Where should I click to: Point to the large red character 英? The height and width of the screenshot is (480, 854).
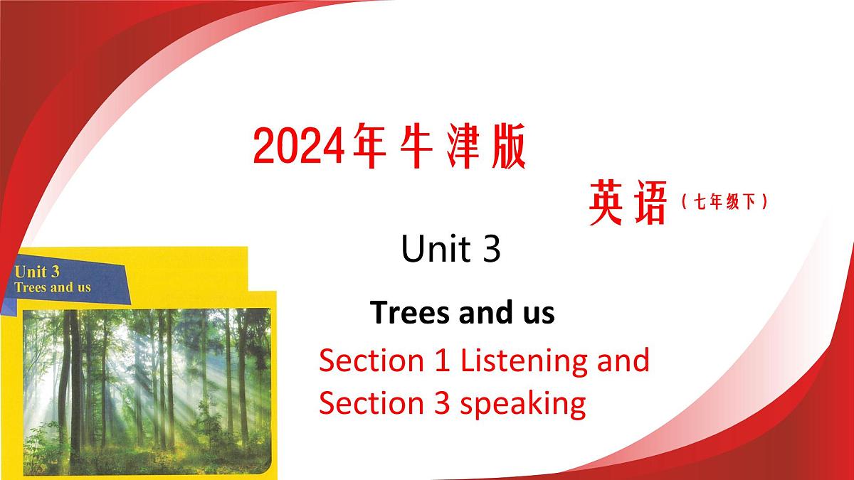click(x=610, y=203)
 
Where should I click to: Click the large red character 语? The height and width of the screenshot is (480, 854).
click(x=648, y=203)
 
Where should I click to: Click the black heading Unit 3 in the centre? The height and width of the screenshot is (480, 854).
click(x=451, y=250)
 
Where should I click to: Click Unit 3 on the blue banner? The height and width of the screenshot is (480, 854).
click(x=37, y=272)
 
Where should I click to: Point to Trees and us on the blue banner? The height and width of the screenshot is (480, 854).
click(x=53, y=287)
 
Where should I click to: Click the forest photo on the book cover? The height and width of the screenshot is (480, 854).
click(x=146, y=388)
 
